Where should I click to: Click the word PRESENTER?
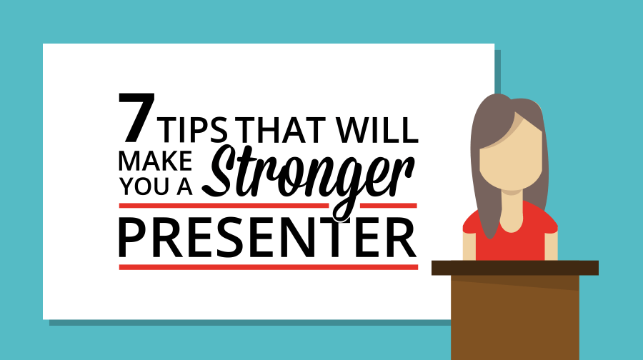coord(267,237)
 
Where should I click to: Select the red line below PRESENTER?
coord(267,267)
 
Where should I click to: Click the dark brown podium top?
coord(514,268)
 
